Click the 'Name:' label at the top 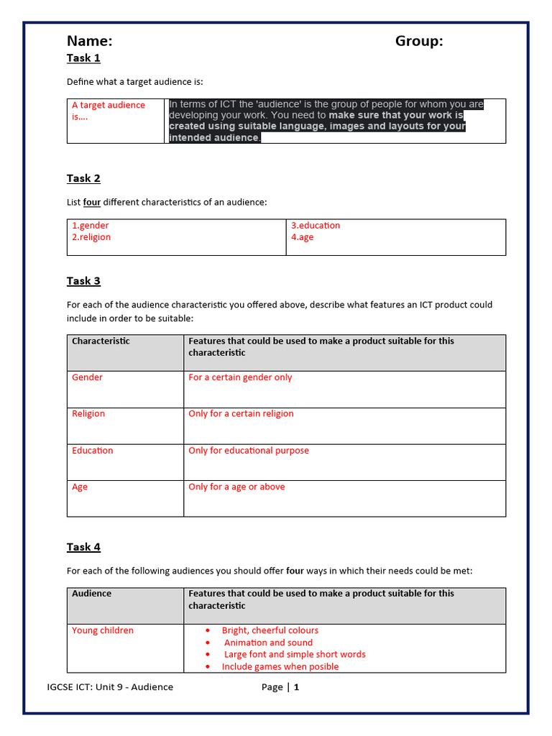pyautogui.click(x=89, y=41)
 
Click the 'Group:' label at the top pyautogui.click(x=419, y=41)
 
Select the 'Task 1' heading pyautogui.click(x=83, y=57)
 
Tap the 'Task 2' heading pyautogui.click(x=83, y=178)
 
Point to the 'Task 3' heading pyautogui.click(x=83, y=281)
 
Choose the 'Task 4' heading pyautogui.click(x=83, y=547)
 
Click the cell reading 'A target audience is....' pyautogui.click(x=108, y=111)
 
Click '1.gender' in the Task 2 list pyautogui.click(x=90, y=226)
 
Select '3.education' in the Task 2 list pyautogui.click(x=316, y=226)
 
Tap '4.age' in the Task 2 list pyautogui.click(x=302, y=237)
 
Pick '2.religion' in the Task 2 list pyautogui.click(x=91, y=237)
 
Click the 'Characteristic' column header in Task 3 pyautogui.click(x=101, y=341)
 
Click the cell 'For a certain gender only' pyautogui.click(x=240, y=377)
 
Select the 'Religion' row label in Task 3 pyautogui.click(x=88, y=414)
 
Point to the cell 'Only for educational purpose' pyautogui.click(x=249, y=451)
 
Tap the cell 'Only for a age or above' pyautogui.click(x=236, y=487)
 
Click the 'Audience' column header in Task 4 pyautogui.click(x=92, y=594)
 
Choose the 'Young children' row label pyautogui.click(x=103, y=630)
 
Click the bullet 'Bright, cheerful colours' pyautogui.click(x=270, y=630)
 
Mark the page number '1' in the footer pyautogui.click(x=296, y=687)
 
